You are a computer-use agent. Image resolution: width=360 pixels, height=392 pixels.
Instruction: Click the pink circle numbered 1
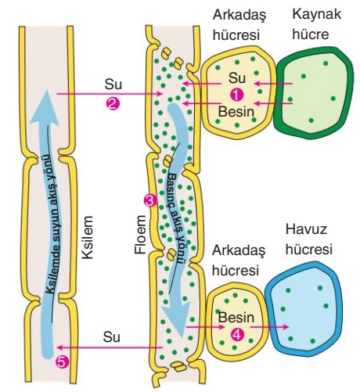click(236, 95)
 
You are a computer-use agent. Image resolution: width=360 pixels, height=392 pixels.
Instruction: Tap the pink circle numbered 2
click(113, 103)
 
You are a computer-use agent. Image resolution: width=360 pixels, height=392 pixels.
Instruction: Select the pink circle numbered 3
click(150, 201)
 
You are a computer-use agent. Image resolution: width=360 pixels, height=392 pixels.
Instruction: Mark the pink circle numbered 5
click(63, 362)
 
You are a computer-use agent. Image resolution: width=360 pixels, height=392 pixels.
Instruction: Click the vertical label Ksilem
click(88, 237)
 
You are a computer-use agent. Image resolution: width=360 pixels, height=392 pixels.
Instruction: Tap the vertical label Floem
click(140, 235)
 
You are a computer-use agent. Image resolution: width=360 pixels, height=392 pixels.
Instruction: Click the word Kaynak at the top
click(317, 14)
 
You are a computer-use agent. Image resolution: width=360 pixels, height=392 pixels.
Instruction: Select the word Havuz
click(306, 229)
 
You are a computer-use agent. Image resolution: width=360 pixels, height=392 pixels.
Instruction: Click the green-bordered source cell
click(314, 93)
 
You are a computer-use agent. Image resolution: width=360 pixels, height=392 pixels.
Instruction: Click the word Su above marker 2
click(113, 84)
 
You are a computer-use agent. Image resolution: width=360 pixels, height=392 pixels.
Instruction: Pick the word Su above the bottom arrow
click(112, 337)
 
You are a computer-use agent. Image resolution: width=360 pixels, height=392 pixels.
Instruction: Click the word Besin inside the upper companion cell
click(236, 112)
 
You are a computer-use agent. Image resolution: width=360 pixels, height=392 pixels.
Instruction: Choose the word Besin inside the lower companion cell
click(236, 318)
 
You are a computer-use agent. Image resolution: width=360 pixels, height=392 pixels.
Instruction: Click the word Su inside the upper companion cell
click(237, 78)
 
